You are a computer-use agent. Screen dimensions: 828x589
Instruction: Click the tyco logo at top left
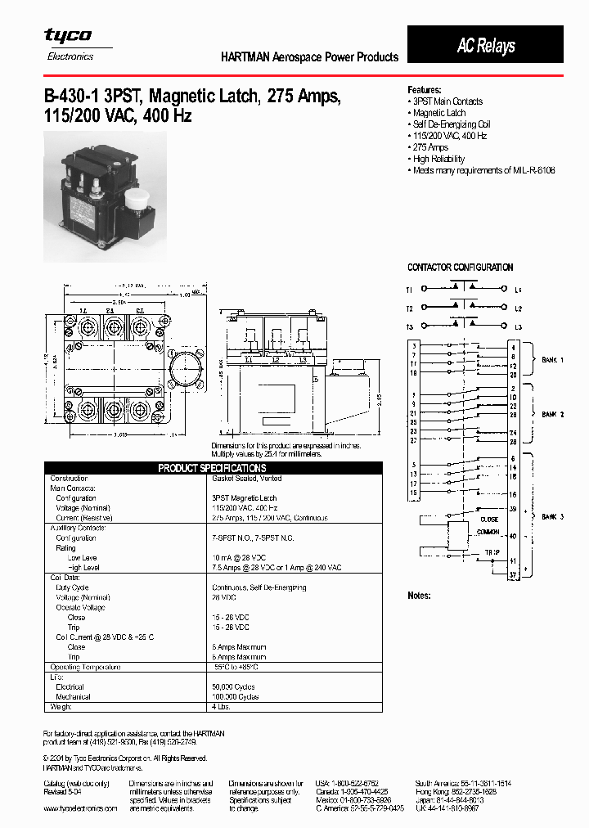(68, 36)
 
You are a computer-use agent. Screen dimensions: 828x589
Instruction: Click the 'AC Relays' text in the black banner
(486, 46)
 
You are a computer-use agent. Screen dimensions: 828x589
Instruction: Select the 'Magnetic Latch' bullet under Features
(438, 113)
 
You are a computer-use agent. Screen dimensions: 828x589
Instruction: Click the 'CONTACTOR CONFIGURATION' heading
(460, 268)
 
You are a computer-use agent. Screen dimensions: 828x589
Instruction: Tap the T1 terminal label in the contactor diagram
(410, 290)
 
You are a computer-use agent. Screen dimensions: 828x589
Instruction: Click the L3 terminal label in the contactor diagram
(518, 327)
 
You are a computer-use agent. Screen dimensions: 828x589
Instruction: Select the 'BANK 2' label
(553, 415)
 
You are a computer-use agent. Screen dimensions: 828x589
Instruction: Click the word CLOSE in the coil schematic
(489, 519)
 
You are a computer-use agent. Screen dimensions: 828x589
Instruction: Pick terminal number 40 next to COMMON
(513, 536)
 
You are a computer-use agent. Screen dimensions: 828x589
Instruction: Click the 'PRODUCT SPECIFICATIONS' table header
(212, 468)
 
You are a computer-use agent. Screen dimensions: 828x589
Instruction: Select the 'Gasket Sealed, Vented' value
(246, 479)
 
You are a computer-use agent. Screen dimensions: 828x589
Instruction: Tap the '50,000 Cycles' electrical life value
(235, 686)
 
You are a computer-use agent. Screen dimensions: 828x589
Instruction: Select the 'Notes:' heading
(419, 596)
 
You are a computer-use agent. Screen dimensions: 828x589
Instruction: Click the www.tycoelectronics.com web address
(80, 808)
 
